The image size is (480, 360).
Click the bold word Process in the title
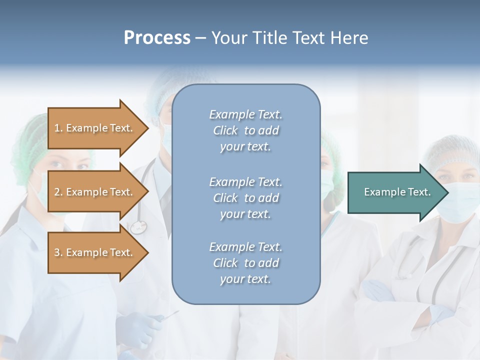click(157, 38)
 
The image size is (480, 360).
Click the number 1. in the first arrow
click(58, 128)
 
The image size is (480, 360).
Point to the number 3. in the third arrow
click(58, 252)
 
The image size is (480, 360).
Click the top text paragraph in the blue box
click(245, 130)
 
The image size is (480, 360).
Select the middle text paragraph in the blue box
click(245, 198)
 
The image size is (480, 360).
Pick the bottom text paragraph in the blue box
click(245, 263)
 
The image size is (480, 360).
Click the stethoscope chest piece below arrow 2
click(138, 227)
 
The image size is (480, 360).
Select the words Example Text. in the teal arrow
click(397, 192)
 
